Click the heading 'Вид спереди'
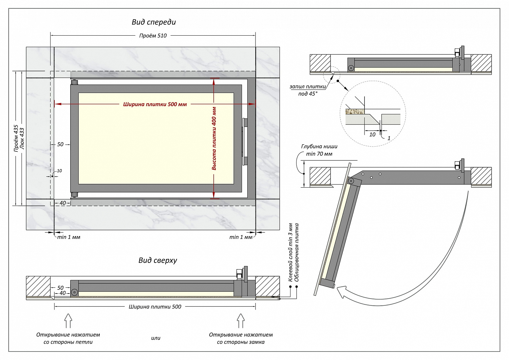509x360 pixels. (154, 22)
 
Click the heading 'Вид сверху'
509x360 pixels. (158, 261)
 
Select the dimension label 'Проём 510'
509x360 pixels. (153, 36)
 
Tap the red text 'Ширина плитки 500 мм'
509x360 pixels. (155, 105)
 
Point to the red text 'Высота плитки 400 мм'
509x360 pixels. (214, 138)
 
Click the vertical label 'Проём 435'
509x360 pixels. (16, 138)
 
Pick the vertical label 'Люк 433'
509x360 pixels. (22, 138)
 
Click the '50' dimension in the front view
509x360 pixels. (60, 145)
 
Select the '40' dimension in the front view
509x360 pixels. (63, 203)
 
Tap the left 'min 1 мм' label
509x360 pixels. (69, 237)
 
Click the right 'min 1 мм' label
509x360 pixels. (241, 237)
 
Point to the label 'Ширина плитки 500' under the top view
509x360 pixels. (155, 307)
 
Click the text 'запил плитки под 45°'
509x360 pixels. (308, 90)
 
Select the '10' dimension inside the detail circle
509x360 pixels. (372, 135)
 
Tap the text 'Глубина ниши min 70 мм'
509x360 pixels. (319, 150)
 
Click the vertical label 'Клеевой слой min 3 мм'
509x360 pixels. (290, 252)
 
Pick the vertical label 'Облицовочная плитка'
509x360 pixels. (297, 252)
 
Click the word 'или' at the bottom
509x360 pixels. (156, 338)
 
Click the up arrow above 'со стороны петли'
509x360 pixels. (68, 321)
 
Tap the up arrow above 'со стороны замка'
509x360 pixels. (241, 321)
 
